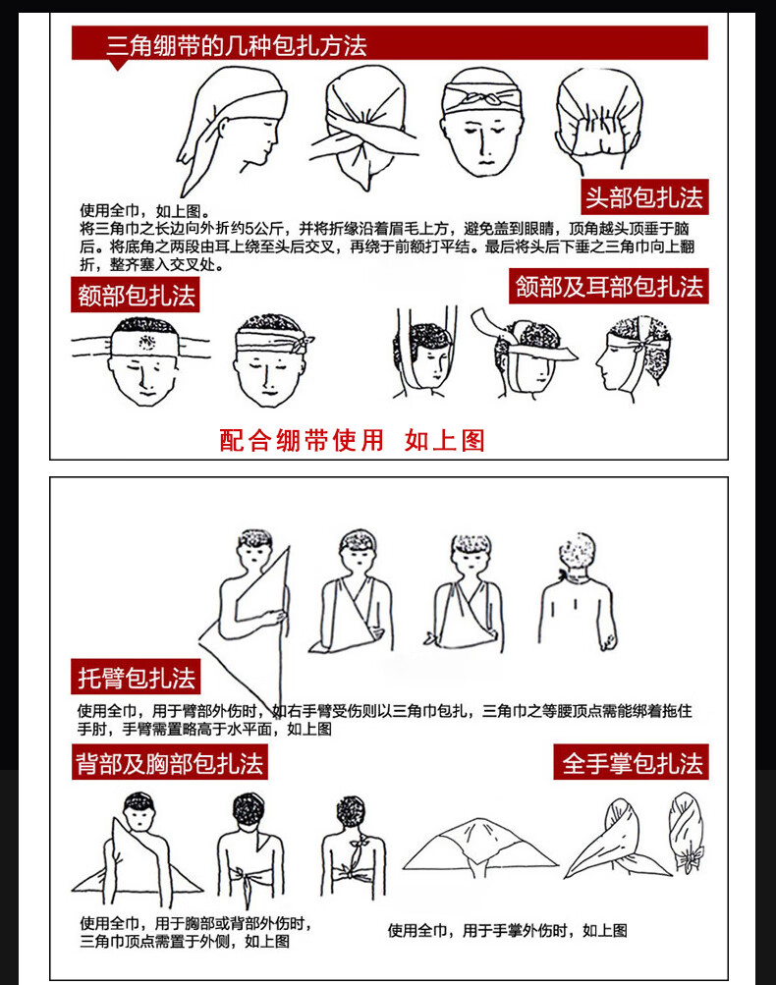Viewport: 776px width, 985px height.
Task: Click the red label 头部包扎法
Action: [x=644, y=196]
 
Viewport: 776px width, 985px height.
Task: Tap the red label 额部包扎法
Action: [x=136, y=296]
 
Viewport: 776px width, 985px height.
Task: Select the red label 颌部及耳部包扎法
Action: [x=608, y=287]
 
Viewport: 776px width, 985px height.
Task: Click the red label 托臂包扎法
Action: [x=136, y=677]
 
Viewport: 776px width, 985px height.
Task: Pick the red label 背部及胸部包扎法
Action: [x=170, y=763]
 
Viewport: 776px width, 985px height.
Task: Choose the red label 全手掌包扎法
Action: [x=631, y=763]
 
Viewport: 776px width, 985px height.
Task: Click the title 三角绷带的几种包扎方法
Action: [x=237, y=45]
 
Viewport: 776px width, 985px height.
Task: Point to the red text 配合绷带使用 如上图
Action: [x=352, y=440]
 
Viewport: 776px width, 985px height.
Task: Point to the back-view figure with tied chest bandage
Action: [x=353, y=847]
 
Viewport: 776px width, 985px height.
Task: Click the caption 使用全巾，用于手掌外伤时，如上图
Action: [x=507, y=930]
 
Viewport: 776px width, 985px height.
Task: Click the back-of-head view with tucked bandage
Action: [x=599, y=120]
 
